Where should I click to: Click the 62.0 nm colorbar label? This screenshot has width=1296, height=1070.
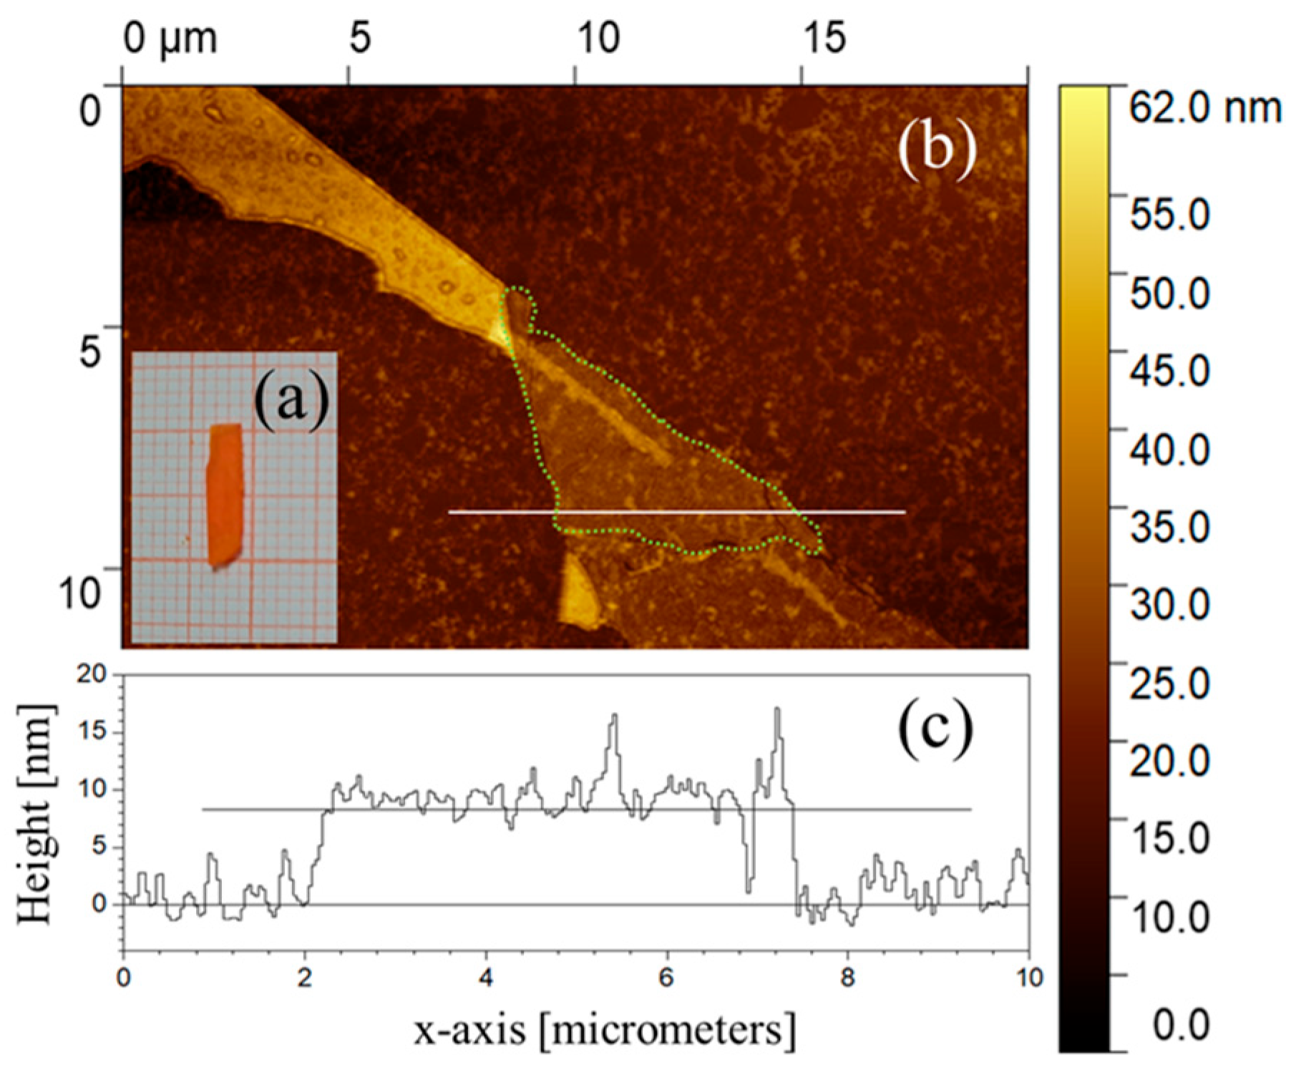(x=1204, y=109)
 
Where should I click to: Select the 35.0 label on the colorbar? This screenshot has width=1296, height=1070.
(x=1168, y=527)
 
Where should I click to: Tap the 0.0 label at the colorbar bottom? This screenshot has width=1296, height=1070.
(x=1181, y=1024)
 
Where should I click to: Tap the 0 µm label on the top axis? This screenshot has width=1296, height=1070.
(x=169, y=37)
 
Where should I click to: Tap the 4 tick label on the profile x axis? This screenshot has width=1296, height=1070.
(x=487, y=977)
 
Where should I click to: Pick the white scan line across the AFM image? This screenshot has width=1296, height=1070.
(x=676, y=512)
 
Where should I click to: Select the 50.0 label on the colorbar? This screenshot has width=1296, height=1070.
(x=1168, y=293)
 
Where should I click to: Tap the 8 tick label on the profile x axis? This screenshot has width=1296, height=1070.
(x=848, y=977)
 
